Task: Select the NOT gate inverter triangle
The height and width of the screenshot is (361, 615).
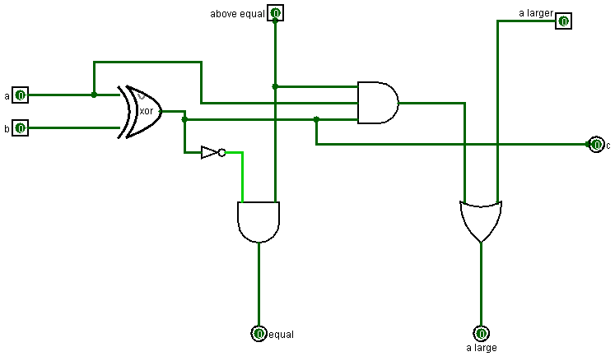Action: pyautogui.click(x=211, y=152)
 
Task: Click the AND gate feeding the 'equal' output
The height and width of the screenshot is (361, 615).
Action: pyautogui.click(x=259, y=221)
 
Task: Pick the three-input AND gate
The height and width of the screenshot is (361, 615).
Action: pyautogui.click(x=377, y=103)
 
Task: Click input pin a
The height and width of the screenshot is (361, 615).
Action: pyautogui.click(x=21, y=95)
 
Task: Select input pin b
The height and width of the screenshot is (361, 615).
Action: pyautogui.click(x=21, y=127)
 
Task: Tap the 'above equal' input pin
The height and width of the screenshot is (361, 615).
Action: pyautogui.click(x=276, y=13)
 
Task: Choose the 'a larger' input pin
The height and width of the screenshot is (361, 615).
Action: pyautogui.click(x=563, y=21)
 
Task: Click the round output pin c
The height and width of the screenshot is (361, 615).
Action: pyautogui.click(x=597, y=145)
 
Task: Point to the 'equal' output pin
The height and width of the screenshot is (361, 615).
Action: pyautogui.click(x=259, y=333)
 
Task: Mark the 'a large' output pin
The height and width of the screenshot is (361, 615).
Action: pyautogui.click(x=481, y=333)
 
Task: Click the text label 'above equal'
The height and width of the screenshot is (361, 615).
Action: pyautogui.click(x=237, y=14)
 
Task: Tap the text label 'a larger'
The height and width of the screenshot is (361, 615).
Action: pyautogui.click(x=535, y=13)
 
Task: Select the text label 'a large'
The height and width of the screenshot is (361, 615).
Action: pyautogui.click(x=482, y=348)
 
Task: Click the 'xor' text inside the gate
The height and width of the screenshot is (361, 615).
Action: pyautogui.click(x=147, y=111)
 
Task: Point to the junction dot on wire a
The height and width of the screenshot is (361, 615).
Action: pyautogui.click(x=94, y=95)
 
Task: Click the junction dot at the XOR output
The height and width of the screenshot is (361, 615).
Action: pyautogui.click(x=184, y=119)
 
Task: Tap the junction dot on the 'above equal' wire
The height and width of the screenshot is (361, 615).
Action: pyautogui.click(x=275, y=86)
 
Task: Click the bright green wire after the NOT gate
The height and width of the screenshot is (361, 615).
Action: pyautogui.click(x=241, y=173)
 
